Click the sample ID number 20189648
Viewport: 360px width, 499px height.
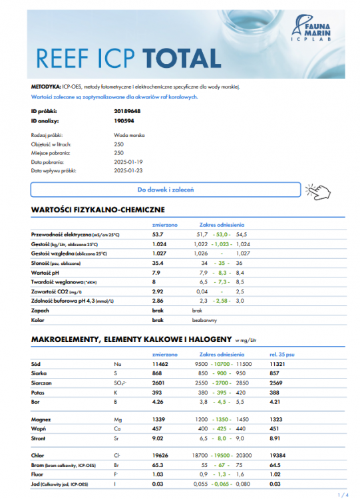pos(128,111)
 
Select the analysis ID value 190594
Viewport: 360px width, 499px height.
pos(124,121)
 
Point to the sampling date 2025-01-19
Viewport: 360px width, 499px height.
pos(128,162)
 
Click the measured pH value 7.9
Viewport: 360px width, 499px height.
pos(156,273)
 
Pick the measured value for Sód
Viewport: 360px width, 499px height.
pos(160,365)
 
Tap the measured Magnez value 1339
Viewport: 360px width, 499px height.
pos(159,420)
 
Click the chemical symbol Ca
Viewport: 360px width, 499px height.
pos(117,429)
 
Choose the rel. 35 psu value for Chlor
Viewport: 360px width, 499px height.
pos(279,456)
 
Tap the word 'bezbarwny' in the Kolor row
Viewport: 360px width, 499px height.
pos(202,320)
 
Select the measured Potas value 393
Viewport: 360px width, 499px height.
pos(158,393)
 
